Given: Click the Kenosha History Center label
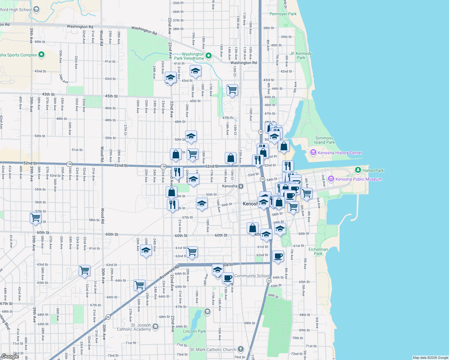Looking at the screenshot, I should pos(340,153).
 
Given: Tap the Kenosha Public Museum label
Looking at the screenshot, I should pos(359,179).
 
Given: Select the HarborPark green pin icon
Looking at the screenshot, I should pos(358,170).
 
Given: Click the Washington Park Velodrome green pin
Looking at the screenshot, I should pos(209,56).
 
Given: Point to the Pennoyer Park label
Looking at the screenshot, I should pos(283,14).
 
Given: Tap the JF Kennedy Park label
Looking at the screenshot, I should pos(301,55).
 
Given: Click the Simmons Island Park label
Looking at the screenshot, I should pos(324,140).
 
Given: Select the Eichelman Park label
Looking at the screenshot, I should pos(318,251).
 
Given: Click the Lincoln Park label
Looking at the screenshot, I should pos(194,331).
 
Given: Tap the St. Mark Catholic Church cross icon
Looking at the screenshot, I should pos(241,349).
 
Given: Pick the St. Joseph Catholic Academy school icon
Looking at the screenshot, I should pos(155,326).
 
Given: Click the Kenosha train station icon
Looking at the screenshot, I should pos(241,186).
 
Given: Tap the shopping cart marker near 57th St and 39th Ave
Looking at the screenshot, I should pos(36,217).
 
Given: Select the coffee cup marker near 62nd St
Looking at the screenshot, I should pos(278,256).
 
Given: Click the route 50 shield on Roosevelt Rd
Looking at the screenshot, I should pos(108,317).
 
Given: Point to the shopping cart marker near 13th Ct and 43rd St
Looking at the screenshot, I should pos(232,90).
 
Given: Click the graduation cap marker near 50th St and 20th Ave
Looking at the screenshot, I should pos(191,136).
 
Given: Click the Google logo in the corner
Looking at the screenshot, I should pos(10,356).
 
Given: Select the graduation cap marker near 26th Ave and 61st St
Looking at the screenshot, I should pos(146,250).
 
